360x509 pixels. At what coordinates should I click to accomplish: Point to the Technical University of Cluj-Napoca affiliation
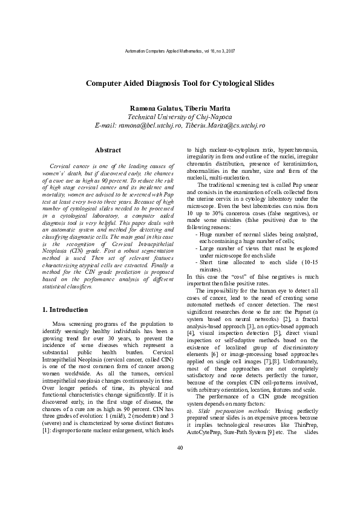click(180, 117)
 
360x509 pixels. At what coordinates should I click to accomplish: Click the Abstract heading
click(108, 150)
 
